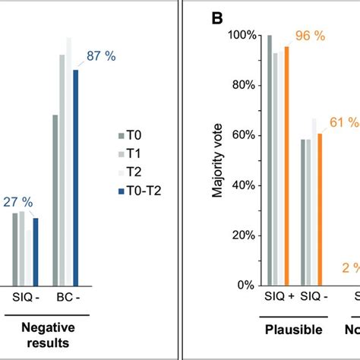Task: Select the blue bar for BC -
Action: coord(75,177)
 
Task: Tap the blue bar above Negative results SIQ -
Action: coord(35,251)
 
